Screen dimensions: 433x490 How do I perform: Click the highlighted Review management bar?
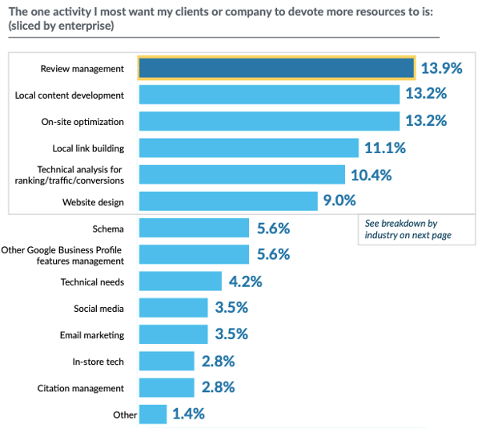point(276,68)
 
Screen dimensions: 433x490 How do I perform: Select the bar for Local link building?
point(248,148)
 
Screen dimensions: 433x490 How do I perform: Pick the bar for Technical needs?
point(180,281)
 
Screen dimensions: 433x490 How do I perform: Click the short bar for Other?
point(153,415)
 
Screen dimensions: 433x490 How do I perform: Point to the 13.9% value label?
point(442,68)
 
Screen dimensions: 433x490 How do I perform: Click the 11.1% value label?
point(386,148)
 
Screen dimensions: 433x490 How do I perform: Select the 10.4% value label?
point(372,174)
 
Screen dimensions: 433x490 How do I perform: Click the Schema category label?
point(108,229)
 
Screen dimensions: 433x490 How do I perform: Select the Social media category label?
point(98,308)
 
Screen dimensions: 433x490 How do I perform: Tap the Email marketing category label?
point(92,335)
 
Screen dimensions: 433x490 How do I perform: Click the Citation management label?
point(81,388)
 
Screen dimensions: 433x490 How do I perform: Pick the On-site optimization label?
point(82,122)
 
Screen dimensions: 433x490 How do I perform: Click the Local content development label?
point(70,95)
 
